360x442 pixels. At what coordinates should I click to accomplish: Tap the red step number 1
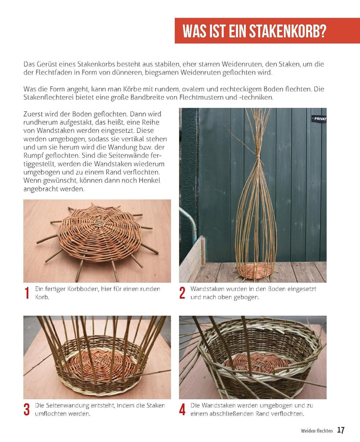27,293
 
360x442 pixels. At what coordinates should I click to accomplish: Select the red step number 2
182,293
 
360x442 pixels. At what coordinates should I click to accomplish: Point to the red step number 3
26,410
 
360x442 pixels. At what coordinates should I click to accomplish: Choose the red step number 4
182,410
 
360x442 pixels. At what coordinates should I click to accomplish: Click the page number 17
341,430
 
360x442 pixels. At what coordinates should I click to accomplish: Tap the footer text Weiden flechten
316,431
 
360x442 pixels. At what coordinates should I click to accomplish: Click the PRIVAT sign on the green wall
319,119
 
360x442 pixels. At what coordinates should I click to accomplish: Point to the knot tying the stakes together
257,156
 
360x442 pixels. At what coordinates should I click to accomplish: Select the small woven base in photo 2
255,271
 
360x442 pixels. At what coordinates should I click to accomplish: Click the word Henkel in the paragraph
149,180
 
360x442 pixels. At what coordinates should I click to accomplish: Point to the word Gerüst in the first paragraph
45,64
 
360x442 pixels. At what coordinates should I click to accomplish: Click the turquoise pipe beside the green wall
189,223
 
